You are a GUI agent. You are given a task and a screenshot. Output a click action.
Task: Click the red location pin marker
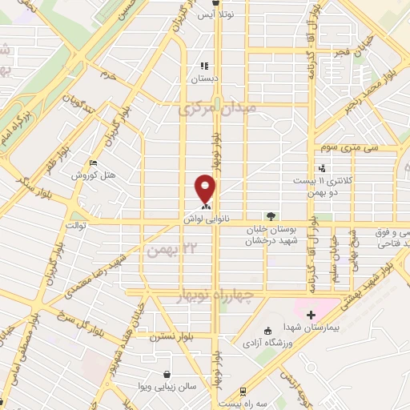pyautogui.click(x=206, y=187)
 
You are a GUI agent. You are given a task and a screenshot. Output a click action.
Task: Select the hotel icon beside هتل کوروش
pyautogui.click(x=94, y=163)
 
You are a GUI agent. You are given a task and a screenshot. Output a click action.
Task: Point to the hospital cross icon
pyautogui.click(x=311, y=315)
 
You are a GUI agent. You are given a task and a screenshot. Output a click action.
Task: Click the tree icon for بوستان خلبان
pyautogui.click(x=271, y=215)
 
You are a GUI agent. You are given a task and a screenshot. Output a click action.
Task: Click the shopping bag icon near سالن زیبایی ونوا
pyautogui.click(x=167, y=374)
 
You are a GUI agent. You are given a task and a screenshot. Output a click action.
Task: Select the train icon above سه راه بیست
pyautogui.click(x=242, y=392)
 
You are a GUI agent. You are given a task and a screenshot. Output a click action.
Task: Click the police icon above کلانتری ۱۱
pyautogui.click(x=321, y=168)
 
